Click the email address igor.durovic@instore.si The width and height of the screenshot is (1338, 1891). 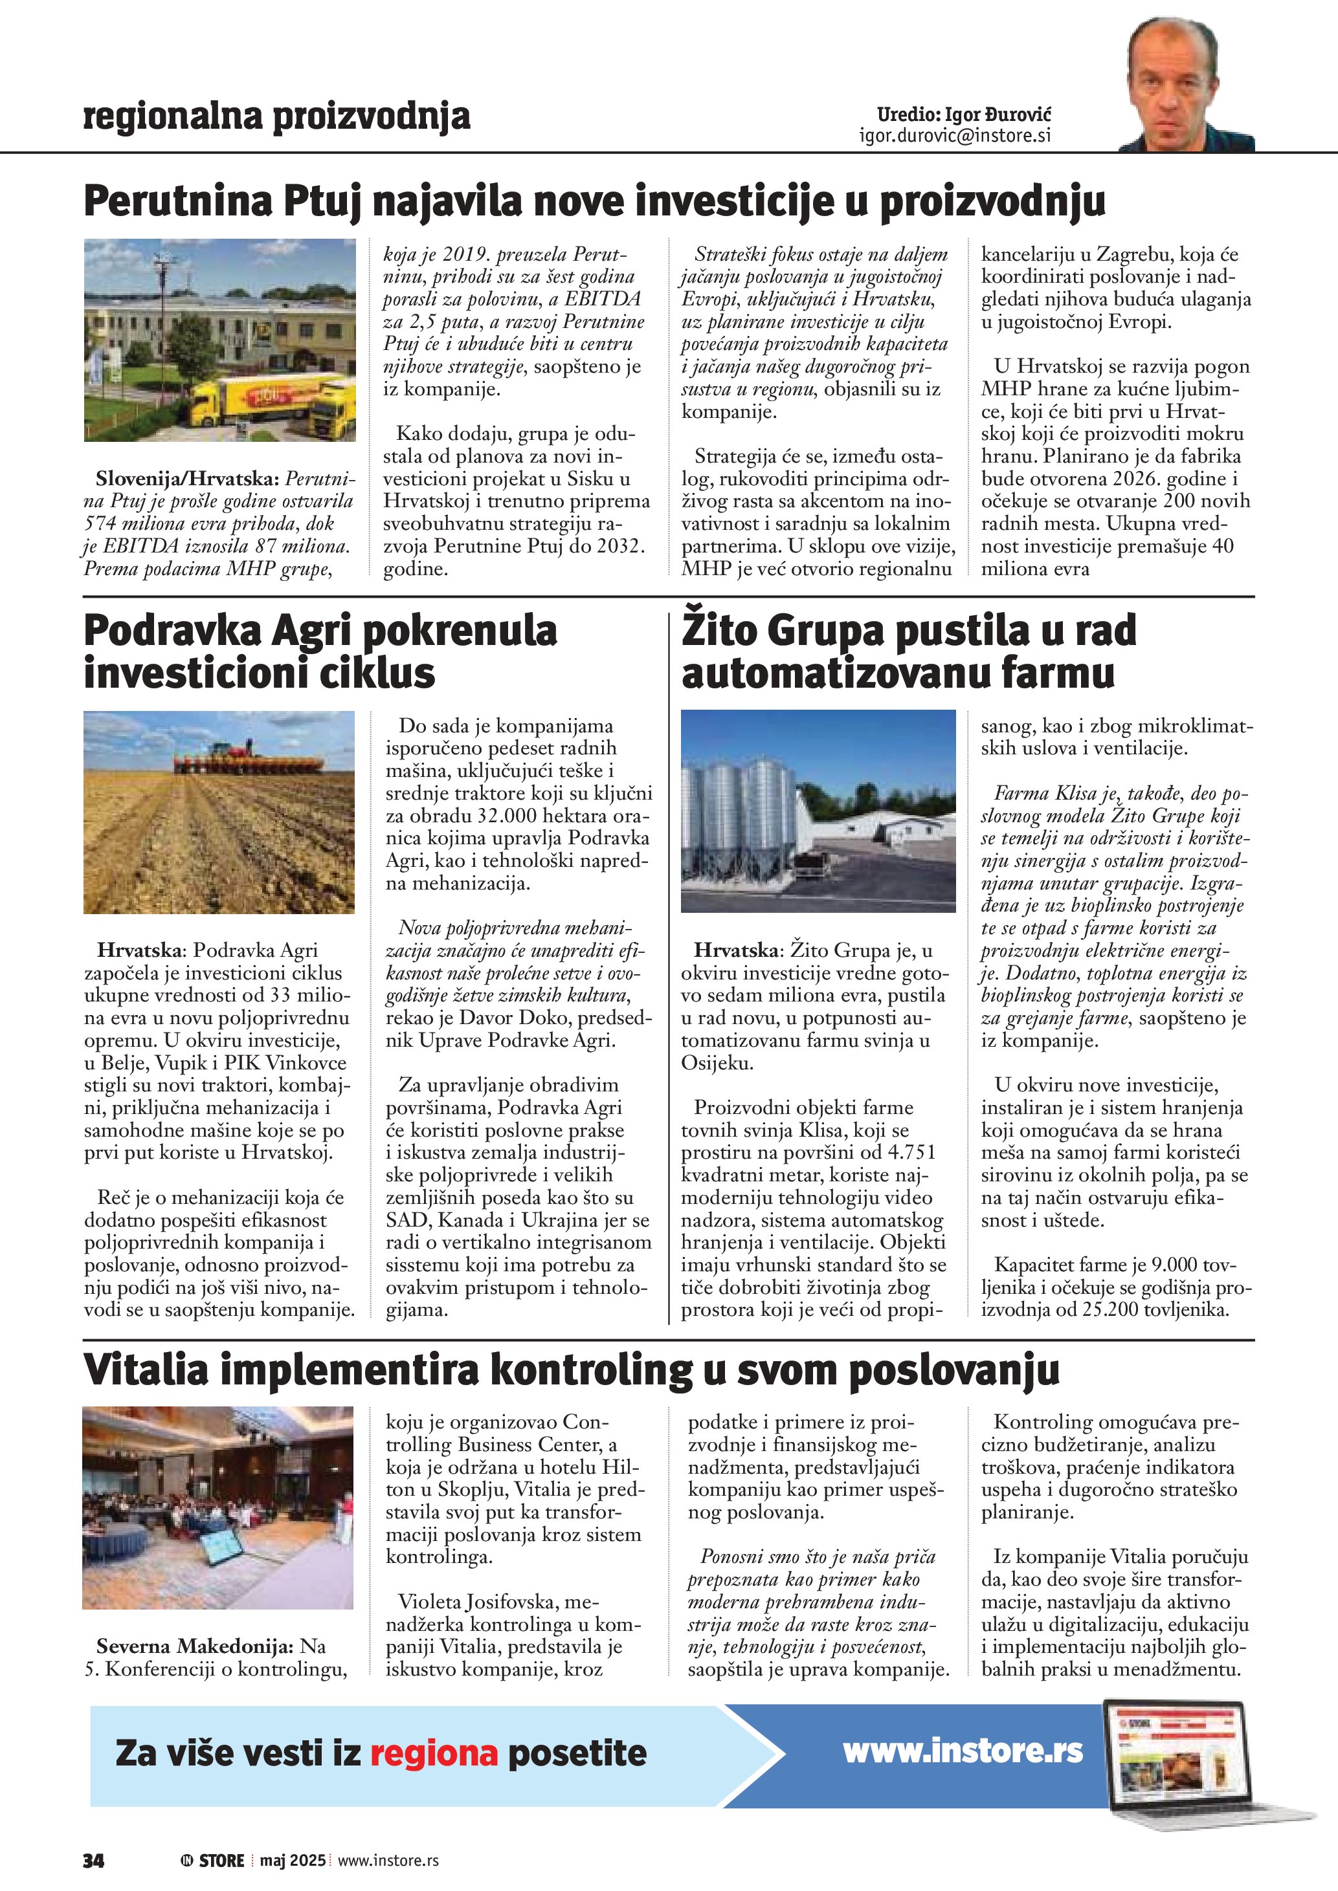tap(955, 136)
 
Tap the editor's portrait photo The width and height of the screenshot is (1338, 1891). tap(1186, 82)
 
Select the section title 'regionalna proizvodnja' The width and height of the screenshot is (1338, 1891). tap(277, 116)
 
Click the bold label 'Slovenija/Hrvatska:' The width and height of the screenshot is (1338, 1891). tap(187, 479)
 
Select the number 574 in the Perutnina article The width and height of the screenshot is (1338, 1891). tap(102, 524)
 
